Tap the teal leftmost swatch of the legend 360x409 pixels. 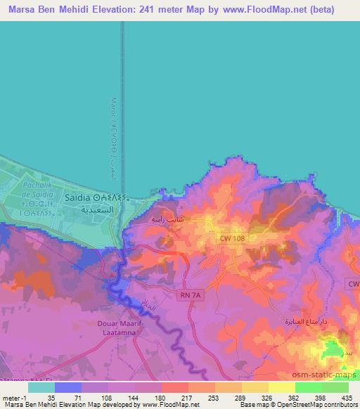tap(41, 387)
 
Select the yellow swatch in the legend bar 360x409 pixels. tap(281, 387)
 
